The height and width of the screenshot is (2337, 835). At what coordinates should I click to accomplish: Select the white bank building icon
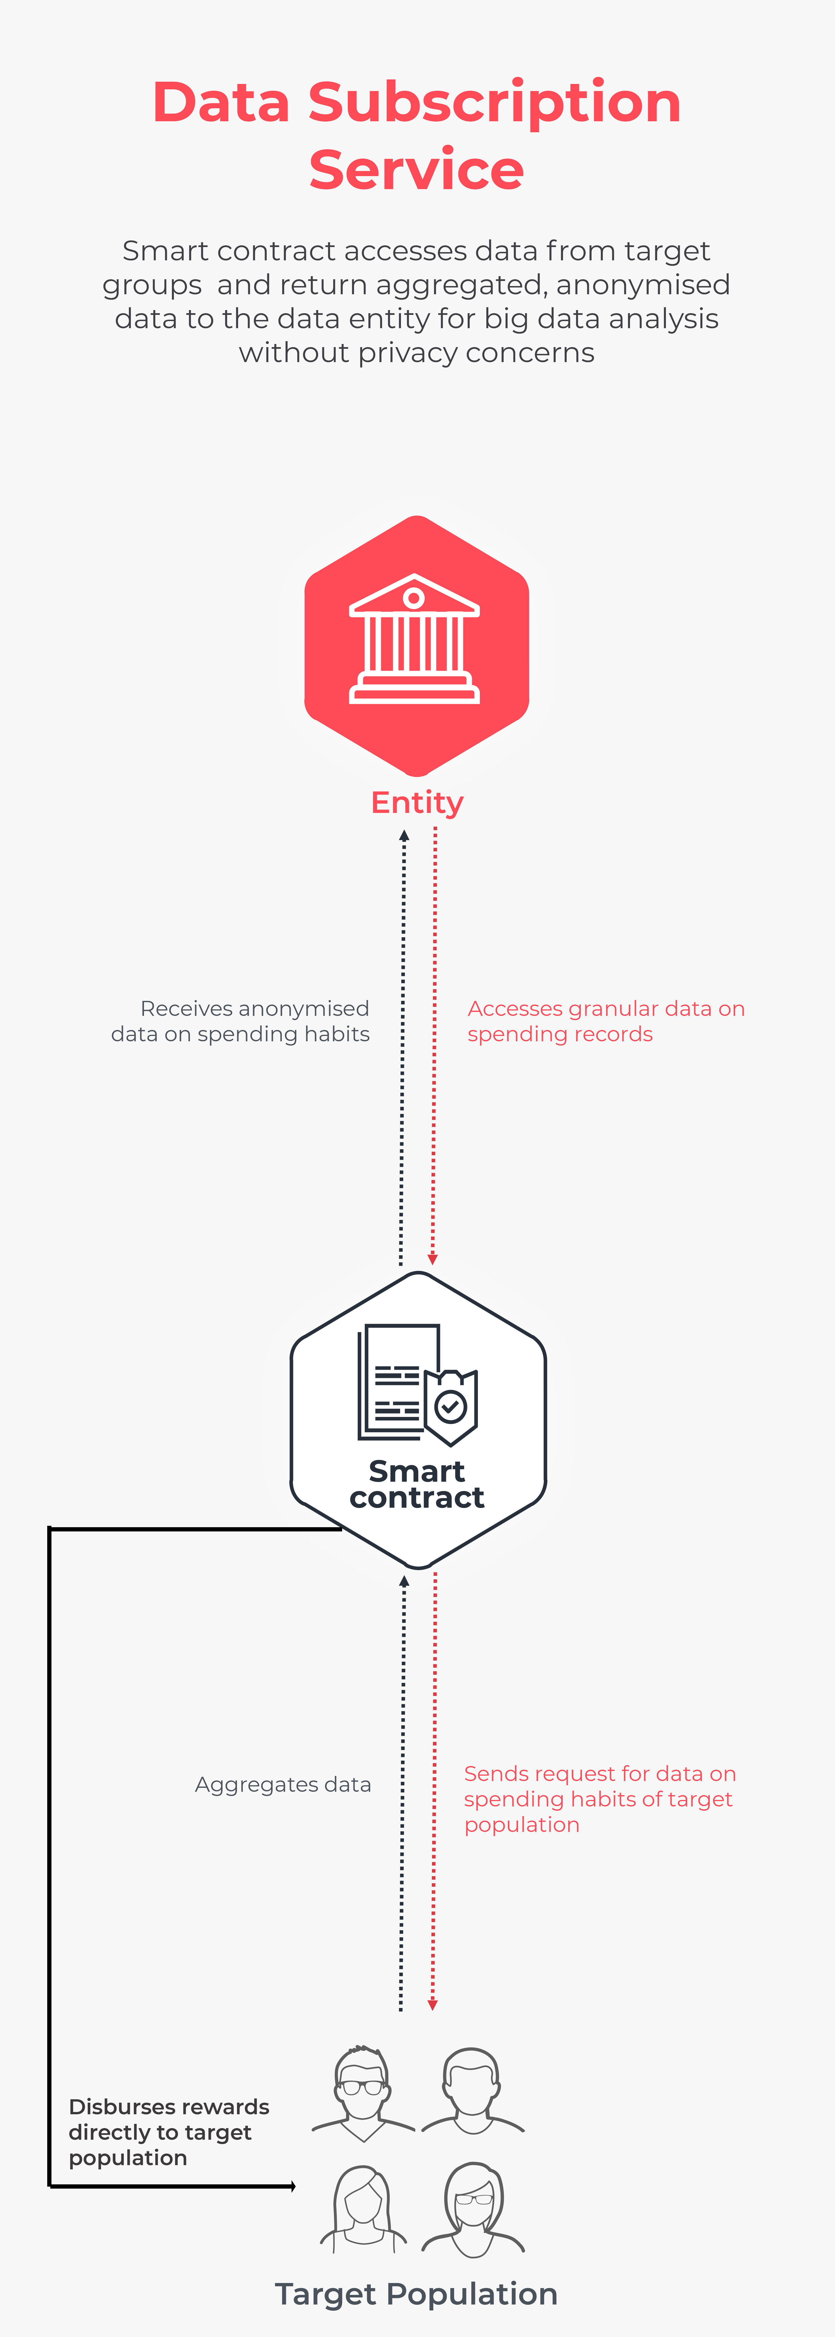pyautogui.click(x=415, y=639)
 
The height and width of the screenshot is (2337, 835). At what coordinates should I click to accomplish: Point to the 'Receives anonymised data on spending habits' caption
pyautogui.click(x=241, y=1022)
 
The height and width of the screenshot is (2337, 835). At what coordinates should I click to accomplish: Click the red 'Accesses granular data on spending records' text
pyautogui.click(x=606, y=1022)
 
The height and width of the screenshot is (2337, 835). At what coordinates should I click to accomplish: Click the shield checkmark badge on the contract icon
pyautogui.click(x=451, y=1407)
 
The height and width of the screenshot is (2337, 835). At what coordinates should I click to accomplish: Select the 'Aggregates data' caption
pyautogui.click(x=283, y=1784)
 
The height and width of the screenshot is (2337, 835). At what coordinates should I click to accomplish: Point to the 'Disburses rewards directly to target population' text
pyautogui.click(x=169, y=2132)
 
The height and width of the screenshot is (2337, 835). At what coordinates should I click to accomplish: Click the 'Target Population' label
pyautogui.click(x=417, y=2293)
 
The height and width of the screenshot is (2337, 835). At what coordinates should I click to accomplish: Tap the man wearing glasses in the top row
pyautogui.click(x=363, y=2094)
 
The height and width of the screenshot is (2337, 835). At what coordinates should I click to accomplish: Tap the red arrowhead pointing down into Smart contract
pyautogui.click(x=433, y=1259)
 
